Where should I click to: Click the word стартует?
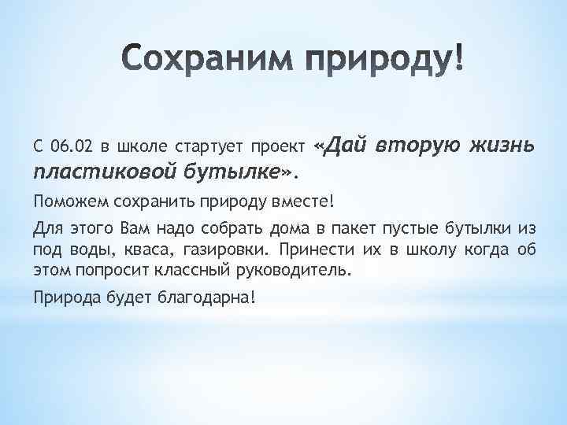click(x=208, y=146)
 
